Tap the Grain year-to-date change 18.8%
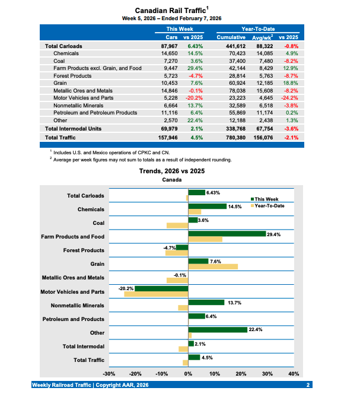289,83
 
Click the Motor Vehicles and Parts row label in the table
84,97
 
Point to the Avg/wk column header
262,37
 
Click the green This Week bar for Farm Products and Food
227,234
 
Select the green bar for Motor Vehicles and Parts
161,289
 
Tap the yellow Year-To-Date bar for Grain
213,266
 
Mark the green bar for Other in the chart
217,329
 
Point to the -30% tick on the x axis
109,374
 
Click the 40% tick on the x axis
294,374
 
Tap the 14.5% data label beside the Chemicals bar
235,206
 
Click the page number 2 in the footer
308,386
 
